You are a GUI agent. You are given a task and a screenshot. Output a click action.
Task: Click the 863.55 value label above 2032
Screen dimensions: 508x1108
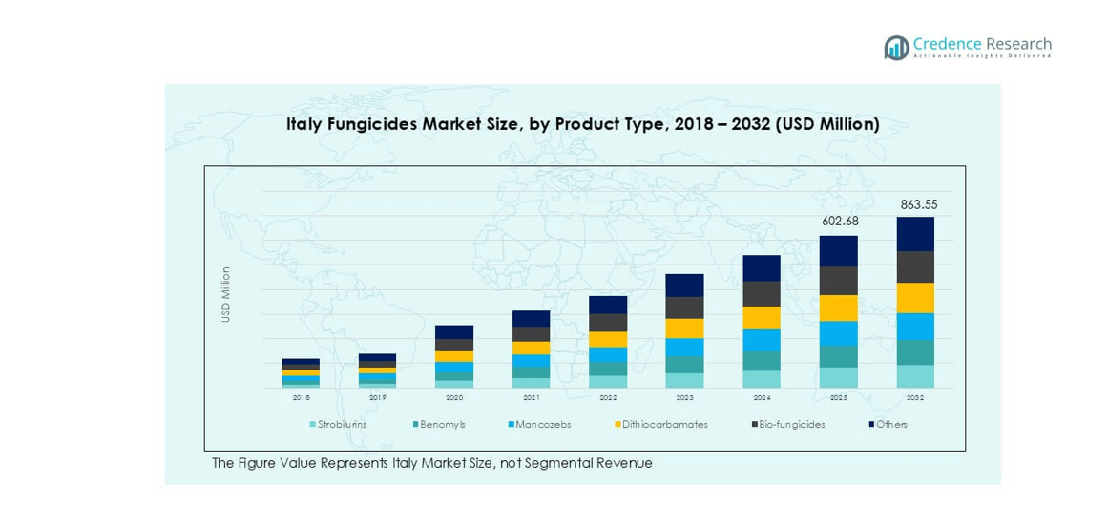(914, 204)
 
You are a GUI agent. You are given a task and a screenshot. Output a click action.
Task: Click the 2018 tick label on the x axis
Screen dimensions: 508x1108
(301, 397)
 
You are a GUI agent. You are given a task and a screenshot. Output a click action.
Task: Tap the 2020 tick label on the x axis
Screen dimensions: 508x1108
(454, 397)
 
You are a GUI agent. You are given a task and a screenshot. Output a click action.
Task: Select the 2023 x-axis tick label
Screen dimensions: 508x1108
(684, 397)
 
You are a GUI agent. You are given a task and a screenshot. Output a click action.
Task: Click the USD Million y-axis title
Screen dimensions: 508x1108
(226, 294)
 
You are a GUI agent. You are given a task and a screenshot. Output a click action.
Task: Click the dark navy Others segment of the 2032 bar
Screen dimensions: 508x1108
(914, 234)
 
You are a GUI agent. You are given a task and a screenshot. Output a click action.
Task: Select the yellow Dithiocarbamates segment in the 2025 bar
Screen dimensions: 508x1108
(838, 307)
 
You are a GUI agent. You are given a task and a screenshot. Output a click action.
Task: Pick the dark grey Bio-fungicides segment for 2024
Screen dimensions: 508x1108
(762, 294)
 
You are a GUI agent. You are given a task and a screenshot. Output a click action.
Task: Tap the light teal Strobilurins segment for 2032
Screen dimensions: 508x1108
(914, 376)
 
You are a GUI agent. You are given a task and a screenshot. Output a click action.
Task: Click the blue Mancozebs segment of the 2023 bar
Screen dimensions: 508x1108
(684, 348)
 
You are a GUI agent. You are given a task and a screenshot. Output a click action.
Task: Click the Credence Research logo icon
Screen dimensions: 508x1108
(896, 48)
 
